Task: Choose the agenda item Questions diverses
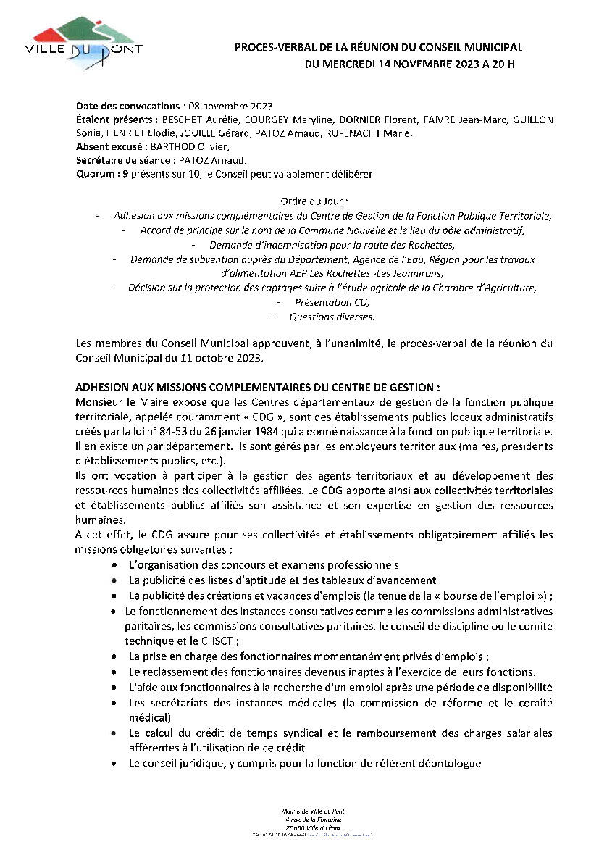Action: [332, 317]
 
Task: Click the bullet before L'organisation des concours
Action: [116, 564]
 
